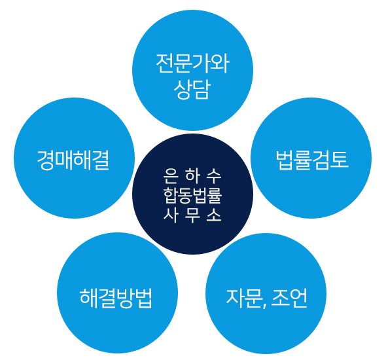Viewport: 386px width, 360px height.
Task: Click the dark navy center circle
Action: click(x=192, y=194)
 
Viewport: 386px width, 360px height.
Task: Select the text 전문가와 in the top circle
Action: click(x=193, y=63)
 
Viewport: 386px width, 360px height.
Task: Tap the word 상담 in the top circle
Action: click(x=192, y=90)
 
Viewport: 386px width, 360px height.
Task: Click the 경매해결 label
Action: click(x=73, y=160)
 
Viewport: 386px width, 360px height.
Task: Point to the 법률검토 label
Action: click(x=312, y=160)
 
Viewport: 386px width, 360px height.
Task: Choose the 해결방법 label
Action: click(x=116, y=298)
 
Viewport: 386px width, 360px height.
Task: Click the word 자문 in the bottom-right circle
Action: click(x=244, y=298)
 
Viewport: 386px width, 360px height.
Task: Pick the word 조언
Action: click(x=289, y=298)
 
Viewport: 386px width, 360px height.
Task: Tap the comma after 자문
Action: click(x=264, y=305)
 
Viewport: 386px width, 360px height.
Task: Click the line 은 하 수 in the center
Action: click(x=192, y=176)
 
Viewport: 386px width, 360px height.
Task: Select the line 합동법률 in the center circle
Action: click(x=192, y=196)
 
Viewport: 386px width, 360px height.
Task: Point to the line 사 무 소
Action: click(x=192, y=215)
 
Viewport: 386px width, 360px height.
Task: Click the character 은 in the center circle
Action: click(x=171, y=176)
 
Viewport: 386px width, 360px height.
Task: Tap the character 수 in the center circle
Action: click(x=214, y=176)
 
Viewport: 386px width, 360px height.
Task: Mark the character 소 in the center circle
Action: click(x=214, y=215)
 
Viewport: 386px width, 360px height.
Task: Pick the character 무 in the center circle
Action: click(x=192, y=215)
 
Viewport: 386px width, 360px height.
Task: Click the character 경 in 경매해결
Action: click(x=46, y=160)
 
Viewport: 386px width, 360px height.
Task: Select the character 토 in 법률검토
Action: click(x=340, y=160)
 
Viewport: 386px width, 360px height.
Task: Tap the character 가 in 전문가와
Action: click(x=202, y=63)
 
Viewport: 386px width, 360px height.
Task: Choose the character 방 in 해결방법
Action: click(x=125, y=298)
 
